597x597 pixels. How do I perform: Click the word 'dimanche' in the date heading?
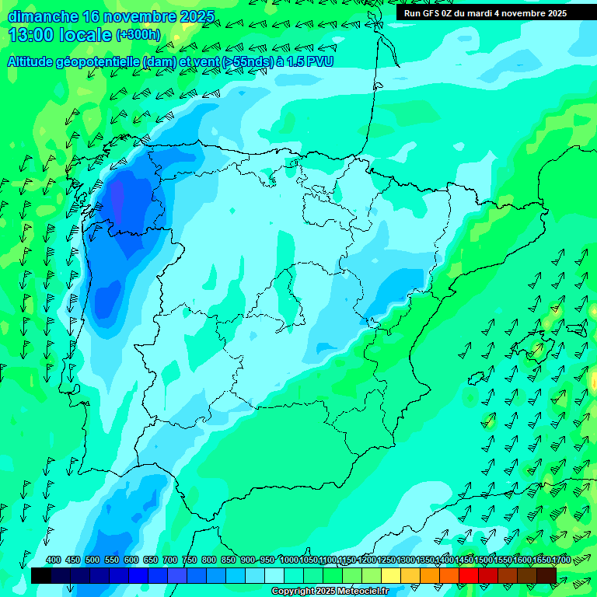pyautogui.click(x=43, y=16)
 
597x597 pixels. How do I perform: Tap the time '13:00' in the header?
pyautogui.click(x=31, y=35)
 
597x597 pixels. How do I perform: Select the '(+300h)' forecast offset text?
pyautogui.click(x=138, y=35)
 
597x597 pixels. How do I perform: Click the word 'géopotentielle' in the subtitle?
pyautogui.click(x=97, y=61)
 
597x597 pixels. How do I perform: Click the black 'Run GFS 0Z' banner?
pyautogui.click(x=485, y=13)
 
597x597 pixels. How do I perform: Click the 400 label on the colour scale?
pyautogui.click(x=54, y=560)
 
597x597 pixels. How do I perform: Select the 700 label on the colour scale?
pyautogui.click(x=170, y=560)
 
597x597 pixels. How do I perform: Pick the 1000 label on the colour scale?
pyautogui.click(x=289, y=560)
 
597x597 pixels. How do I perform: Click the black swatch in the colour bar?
pyautogui.click(x=41, y=575)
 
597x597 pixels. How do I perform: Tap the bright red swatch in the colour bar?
pyautogui.click(x=469, y=575)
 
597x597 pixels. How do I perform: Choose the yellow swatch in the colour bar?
pyautogui.click(x=391, y=575)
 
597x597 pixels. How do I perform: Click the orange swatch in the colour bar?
pyautogui.click(x=430, y=575)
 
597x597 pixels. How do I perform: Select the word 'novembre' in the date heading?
pyautogui.click(x=127, y=16)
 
